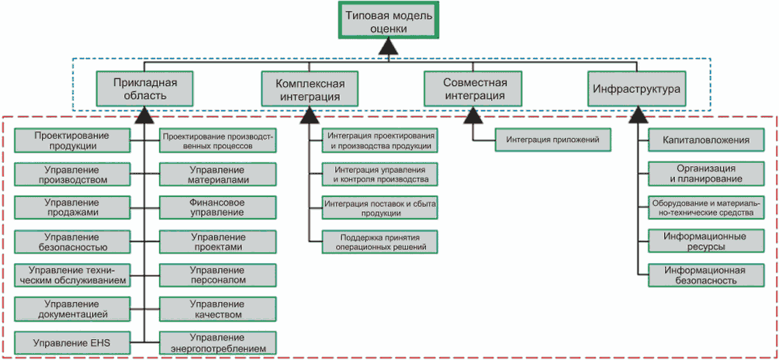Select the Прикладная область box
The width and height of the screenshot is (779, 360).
[145, 88]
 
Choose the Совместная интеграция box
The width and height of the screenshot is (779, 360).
[474, 88]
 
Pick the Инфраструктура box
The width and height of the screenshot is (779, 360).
[636, 88]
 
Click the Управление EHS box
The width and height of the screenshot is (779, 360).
[72, 343]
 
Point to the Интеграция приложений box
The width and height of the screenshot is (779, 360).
[553, 140]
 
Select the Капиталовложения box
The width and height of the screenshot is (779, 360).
[706, 140]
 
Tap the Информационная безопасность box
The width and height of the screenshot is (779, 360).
[706, 275]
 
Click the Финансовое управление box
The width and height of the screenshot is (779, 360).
[217, 208]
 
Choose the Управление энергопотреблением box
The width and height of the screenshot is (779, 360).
[217, 343]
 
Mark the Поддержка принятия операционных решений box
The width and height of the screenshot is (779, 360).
[380, 241]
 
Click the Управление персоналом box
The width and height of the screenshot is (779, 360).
[217, 275]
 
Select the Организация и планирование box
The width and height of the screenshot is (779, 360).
[706, 174]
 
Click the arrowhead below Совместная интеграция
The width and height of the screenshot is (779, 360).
[474, 116]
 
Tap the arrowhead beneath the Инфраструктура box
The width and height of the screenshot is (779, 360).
[636, 116]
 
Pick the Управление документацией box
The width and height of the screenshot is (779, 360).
[72, 309]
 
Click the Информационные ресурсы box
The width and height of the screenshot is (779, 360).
[706, 241]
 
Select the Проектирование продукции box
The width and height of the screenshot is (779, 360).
[72, 140]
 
